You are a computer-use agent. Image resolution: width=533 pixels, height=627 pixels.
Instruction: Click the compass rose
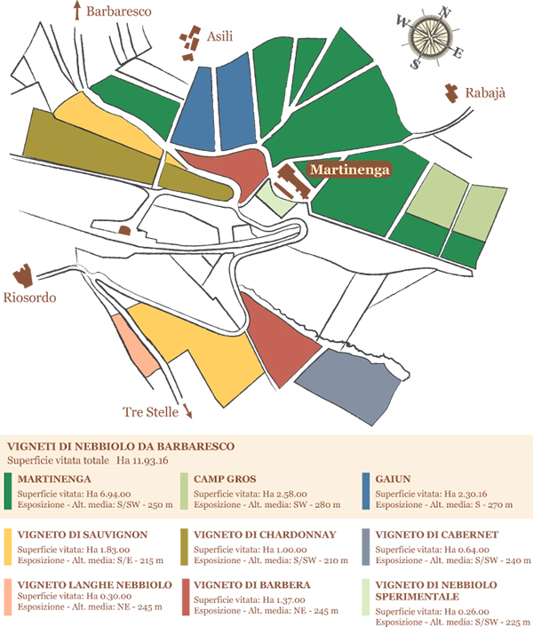pos(432,36)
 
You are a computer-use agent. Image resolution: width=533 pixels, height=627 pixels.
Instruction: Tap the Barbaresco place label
pos(120,12)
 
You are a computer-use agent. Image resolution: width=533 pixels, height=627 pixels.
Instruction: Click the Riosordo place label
pos(29,298)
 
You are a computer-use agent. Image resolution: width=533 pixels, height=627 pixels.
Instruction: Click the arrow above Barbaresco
pos(77,11)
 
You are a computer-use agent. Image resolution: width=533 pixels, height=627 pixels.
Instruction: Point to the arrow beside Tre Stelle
pos(188,412)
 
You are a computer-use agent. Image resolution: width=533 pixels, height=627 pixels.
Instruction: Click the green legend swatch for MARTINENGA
pos(7,491)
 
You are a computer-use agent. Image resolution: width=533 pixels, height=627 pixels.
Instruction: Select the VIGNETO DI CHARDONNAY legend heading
pos(259,535)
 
